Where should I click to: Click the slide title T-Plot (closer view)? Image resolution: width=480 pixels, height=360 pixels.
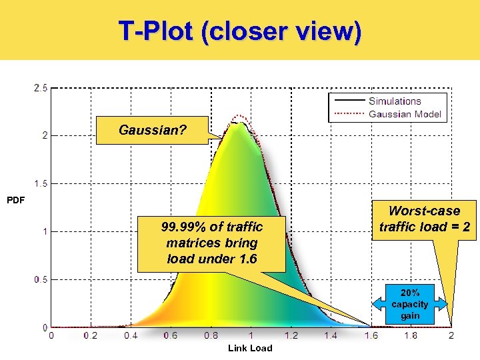click(240, 31)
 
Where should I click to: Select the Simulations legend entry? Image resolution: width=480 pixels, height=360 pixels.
click(395, 101)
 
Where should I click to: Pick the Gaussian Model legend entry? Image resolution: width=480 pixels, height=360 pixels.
click(405, 113)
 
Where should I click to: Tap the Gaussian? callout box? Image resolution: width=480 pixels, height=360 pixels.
click(153, 130)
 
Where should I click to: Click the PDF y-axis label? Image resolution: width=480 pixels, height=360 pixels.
click(15, 199)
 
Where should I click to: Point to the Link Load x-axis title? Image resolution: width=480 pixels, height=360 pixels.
click(250, 348)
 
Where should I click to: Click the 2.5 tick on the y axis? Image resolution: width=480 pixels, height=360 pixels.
click(41, 87)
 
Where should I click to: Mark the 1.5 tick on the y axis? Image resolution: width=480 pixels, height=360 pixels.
click(41, 183)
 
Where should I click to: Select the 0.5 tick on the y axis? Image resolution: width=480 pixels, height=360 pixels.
click(41, 279)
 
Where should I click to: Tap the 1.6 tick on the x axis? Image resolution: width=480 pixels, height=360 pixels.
click(371, 335)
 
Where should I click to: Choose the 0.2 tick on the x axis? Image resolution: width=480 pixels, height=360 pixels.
click(91, 335)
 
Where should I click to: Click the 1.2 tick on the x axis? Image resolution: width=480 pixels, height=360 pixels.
click(291, 335)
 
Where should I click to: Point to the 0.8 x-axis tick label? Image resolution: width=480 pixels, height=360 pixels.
click(211, 335)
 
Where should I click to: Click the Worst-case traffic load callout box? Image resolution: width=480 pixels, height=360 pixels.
click(425, 219)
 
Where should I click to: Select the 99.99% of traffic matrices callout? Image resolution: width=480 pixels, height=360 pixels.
click(211, 243)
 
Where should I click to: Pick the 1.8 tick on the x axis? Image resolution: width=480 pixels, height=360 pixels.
click(411, 335)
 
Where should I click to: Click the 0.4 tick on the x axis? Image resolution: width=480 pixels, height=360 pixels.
click(131, 335)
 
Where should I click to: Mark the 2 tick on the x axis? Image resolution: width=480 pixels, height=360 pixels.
click(451, 335)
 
